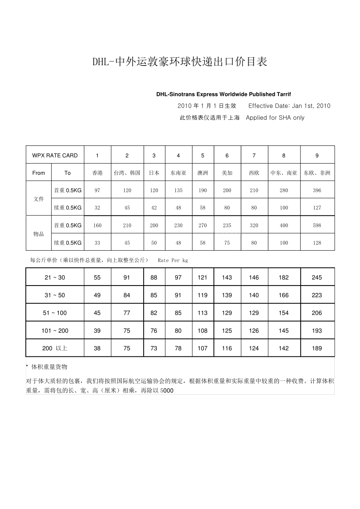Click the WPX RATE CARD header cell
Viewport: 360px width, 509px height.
click(55, 155)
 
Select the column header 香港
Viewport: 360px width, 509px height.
click(97, 173)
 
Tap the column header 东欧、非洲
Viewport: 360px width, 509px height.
click(317, 173)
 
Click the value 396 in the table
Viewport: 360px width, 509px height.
click(317, 190)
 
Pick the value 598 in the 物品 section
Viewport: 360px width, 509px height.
click(317, 225)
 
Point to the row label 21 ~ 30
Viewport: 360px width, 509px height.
click(55, 278)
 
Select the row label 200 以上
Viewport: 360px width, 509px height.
click(55, 348)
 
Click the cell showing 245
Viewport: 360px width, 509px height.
click(317, 278)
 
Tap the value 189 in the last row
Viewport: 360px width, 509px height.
click(317, 348)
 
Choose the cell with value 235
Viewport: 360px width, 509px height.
click(227, 225)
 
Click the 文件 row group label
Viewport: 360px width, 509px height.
click(39, 199)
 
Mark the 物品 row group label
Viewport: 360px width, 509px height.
click(39, 234)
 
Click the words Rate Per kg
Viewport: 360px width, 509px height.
click(173, 261)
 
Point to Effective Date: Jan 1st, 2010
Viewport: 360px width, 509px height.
click(289, 106)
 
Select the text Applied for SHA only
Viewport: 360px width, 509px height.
click(275, 118)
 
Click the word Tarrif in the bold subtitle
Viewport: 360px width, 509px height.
click(283, 94)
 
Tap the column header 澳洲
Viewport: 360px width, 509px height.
click(203, 173)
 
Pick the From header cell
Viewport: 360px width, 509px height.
click(39, 173)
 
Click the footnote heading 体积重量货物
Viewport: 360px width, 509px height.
click(49, 367)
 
